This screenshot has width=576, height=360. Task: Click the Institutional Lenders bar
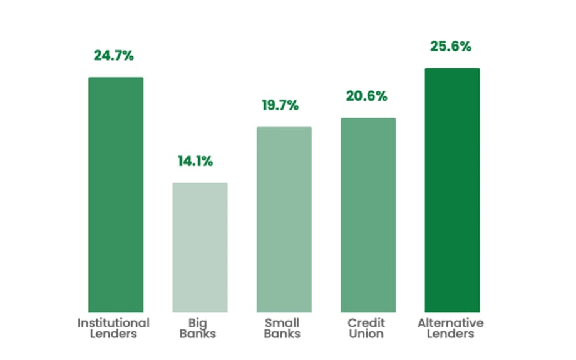point(116,194)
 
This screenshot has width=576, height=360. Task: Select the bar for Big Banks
point(200,247)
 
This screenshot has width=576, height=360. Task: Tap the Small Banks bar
point(284,219)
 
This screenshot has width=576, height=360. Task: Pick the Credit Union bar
point(368,215)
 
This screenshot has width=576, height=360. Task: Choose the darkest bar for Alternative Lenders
point(452,190)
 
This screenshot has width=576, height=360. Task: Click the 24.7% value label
point(114,55)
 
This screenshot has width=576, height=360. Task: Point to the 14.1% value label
point(195,161)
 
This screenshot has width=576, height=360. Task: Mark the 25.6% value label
point(451,46)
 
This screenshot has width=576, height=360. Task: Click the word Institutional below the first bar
point(113,323)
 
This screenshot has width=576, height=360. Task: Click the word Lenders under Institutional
point(113,334)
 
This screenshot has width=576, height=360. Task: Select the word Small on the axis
point(282,323)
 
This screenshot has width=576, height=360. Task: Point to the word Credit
point(366,323)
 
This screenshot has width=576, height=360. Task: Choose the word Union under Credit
point(366,334)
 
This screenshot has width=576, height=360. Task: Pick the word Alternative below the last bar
point(451,323)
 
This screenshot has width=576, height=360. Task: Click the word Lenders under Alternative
point(451,334)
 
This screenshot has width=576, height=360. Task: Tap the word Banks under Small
point(282,334)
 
